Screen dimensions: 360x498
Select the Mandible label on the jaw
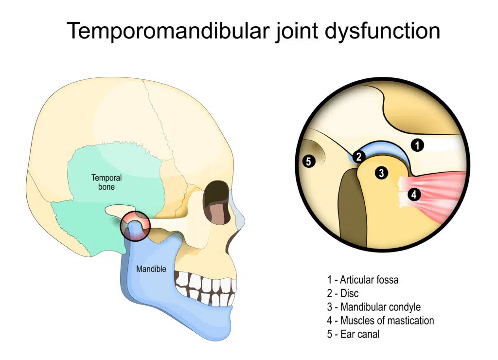pyautogui.click(x=151, y=269)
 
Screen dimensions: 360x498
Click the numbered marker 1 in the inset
pyautogui.click(x=418, y=144)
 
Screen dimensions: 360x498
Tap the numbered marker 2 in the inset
pyautogui.click(x=358, y=157)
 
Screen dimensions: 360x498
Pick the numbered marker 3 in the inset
pyautogui.click(x=382, y=172)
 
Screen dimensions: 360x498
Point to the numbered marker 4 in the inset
pyautogui.click(x=413, y=195)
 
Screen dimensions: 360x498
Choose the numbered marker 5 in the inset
pyautogui.click(x=309, y=161)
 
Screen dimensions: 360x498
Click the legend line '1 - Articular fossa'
pyautogui.click(x=362, y=280)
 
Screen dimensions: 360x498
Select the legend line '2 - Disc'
pyautogui.click(x=343, y=293)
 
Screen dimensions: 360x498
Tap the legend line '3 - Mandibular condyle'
pyautogui.click(x=373, y=307)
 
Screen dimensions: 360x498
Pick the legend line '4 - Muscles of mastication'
pyautogui.click(x=380, y=320)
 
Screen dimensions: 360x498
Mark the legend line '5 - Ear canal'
pyautogui.click(x=353, y=334)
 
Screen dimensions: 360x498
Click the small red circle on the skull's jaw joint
pyautogui.click(x=135, y=225)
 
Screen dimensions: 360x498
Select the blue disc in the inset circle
pyautogui.click(x=384, y=148)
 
